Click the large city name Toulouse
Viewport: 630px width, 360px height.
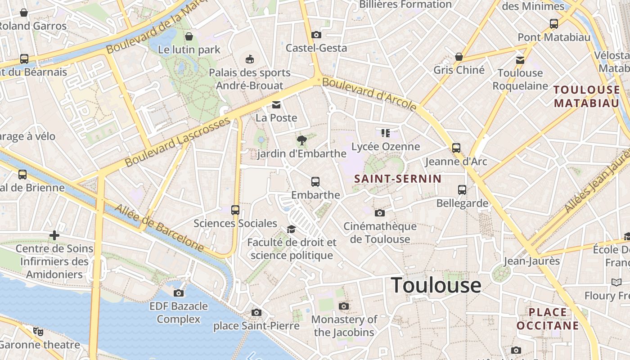(436, 285)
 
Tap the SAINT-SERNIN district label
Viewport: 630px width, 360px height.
(398, 179)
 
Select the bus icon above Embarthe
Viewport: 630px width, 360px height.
(315, 182)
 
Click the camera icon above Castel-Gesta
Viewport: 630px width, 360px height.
(316, 35)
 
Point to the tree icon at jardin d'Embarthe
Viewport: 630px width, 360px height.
(302, 140)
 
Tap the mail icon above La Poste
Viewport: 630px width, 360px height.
(276, 105)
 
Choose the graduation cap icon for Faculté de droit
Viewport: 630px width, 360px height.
(291, 229)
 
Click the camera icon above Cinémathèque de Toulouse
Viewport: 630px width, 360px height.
(380, 213)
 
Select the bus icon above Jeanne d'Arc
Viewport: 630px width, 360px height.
(456, 148)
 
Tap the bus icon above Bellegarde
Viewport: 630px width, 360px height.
(462, 190)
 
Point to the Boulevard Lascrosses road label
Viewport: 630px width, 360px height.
(178, 142)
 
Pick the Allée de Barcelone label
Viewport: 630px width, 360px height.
(160, 228)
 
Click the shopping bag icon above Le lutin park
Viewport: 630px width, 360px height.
(189, 36)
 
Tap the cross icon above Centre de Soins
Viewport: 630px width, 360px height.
(54, 235)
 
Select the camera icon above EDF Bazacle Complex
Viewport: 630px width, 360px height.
(179, 293)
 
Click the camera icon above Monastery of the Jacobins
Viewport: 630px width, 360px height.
(344, 306)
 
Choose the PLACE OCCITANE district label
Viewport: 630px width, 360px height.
(548, 319)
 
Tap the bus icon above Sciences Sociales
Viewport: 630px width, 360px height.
(235, 210)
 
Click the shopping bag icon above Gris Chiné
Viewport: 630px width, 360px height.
(459, 57)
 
